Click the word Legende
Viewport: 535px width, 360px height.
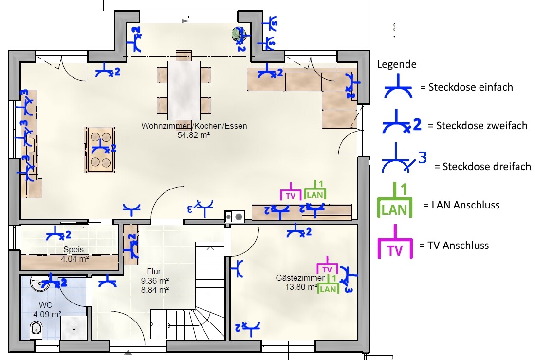(396, 65)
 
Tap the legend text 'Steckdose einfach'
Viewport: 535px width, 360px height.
(471, 87)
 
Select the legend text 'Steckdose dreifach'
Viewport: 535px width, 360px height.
(486, 166)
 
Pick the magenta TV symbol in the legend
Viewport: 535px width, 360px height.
(395, 242)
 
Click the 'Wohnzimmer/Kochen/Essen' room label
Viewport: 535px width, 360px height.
(194, 126)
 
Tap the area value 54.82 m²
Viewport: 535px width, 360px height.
(193, 135)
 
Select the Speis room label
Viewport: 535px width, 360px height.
(74, 250)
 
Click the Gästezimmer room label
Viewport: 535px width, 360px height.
(300, 278)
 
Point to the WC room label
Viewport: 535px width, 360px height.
(45, 305)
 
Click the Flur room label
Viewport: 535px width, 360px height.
(153, 271)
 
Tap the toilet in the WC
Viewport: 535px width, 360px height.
(36, 329)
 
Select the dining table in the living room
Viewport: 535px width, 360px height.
(184, 91)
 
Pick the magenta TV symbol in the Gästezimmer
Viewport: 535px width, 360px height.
(327, 265)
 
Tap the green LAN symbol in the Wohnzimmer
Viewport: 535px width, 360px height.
(315, 190)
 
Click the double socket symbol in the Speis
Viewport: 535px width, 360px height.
(58, 234)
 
